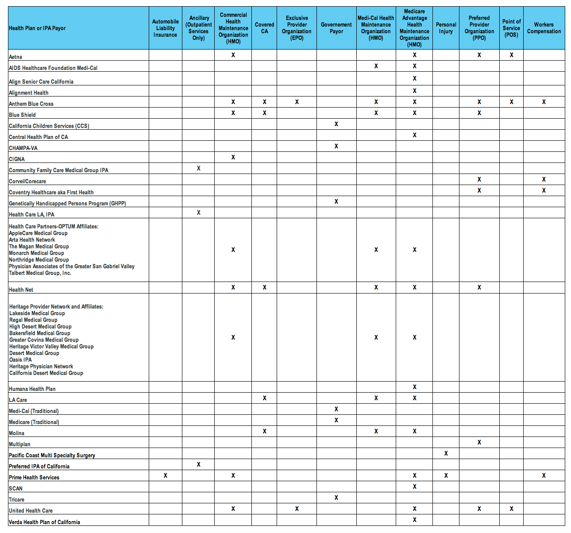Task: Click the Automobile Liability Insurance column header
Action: [165, 28]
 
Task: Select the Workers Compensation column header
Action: [544, 28]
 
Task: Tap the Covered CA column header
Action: [264, 28]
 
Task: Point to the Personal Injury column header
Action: [446, 28]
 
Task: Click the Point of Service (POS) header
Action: [511, 28]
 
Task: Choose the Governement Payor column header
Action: [336, 28]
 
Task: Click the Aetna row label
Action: [15, 57]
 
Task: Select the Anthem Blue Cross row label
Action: [31, 104]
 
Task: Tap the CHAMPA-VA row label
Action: [23, 148]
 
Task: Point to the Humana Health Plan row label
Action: [32, 389]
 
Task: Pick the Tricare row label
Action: [17, 499]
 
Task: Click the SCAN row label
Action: [16, 488]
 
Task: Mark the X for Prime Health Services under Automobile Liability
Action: [166, 475]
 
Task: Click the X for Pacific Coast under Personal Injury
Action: [446, 453]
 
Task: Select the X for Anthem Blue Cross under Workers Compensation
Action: [544, 102]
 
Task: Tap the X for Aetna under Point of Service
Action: [512, 55]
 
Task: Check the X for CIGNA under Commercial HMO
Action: [233, 157]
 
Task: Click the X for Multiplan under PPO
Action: [479, 442]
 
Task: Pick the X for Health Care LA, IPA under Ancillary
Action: [199, 212]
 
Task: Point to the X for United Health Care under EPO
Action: [297, 509]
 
